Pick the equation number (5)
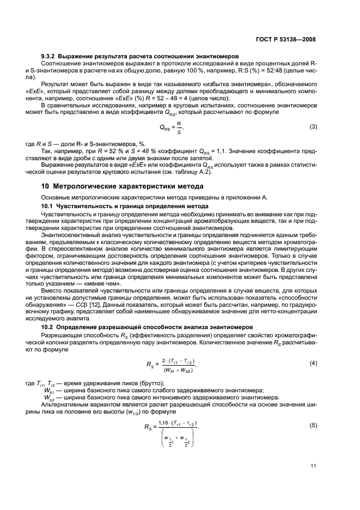point(313,426)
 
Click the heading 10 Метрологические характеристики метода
point(115,187)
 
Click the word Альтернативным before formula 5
point(67,404)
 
